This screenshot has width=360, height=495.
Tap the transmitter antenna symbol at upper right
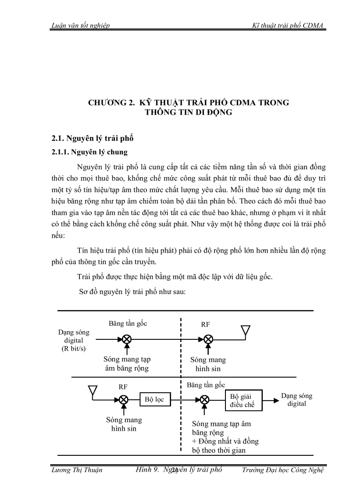coord(245,331)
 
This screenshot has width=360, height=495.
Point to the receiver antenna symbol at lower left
coord(92,391)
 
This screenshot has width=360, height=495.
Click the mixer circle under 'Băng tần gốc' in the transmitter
coord(127,339)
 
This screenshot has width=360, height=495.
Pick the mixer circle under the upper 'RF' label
coord(208,339)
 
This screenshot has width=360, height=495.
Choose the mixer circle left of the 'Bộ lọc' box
coord(124,399)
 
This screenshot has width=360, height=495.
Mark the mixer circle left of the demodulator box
coord(204,399)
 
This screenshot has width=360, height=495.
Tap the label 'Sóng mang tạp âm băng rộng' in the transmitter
coord(127,364)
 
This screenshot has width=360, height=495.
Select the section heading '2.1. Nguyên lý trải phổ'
coord(93,138)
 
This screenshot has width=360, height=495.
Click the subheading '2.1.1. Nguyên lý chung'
coord(90,153)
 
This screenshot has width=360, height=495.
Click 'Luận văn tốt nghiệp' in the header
coord(81,26)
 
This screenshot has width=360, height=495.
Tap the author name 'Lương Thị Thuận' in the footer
coord(77,470)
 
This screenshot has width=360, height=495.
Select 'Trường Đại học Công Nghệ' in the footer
coord(283,470)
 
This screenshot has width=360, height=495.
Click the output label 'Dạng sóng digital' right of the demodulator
coord(296,399)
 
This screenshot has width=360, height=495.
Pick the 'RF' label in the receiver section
coord(123,387)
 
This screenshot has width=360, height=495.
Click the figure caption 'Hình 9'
coord(147,469)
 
